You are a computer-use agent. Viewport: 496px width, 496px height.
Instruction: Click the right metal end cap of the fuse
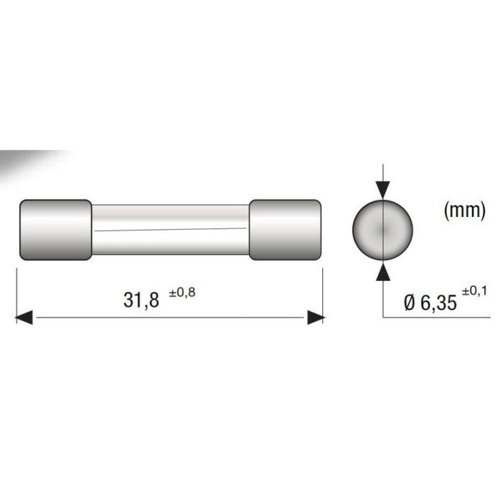[285, 230]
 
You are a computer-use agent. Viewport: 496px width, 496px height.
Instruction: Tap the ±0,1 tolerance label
[474, 292]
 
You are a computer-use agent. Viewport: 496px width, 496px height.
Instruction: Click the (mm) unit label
[464, 211]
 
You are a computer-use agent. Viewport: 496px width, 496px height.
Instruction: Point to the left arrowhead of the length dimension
[25, 318]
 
